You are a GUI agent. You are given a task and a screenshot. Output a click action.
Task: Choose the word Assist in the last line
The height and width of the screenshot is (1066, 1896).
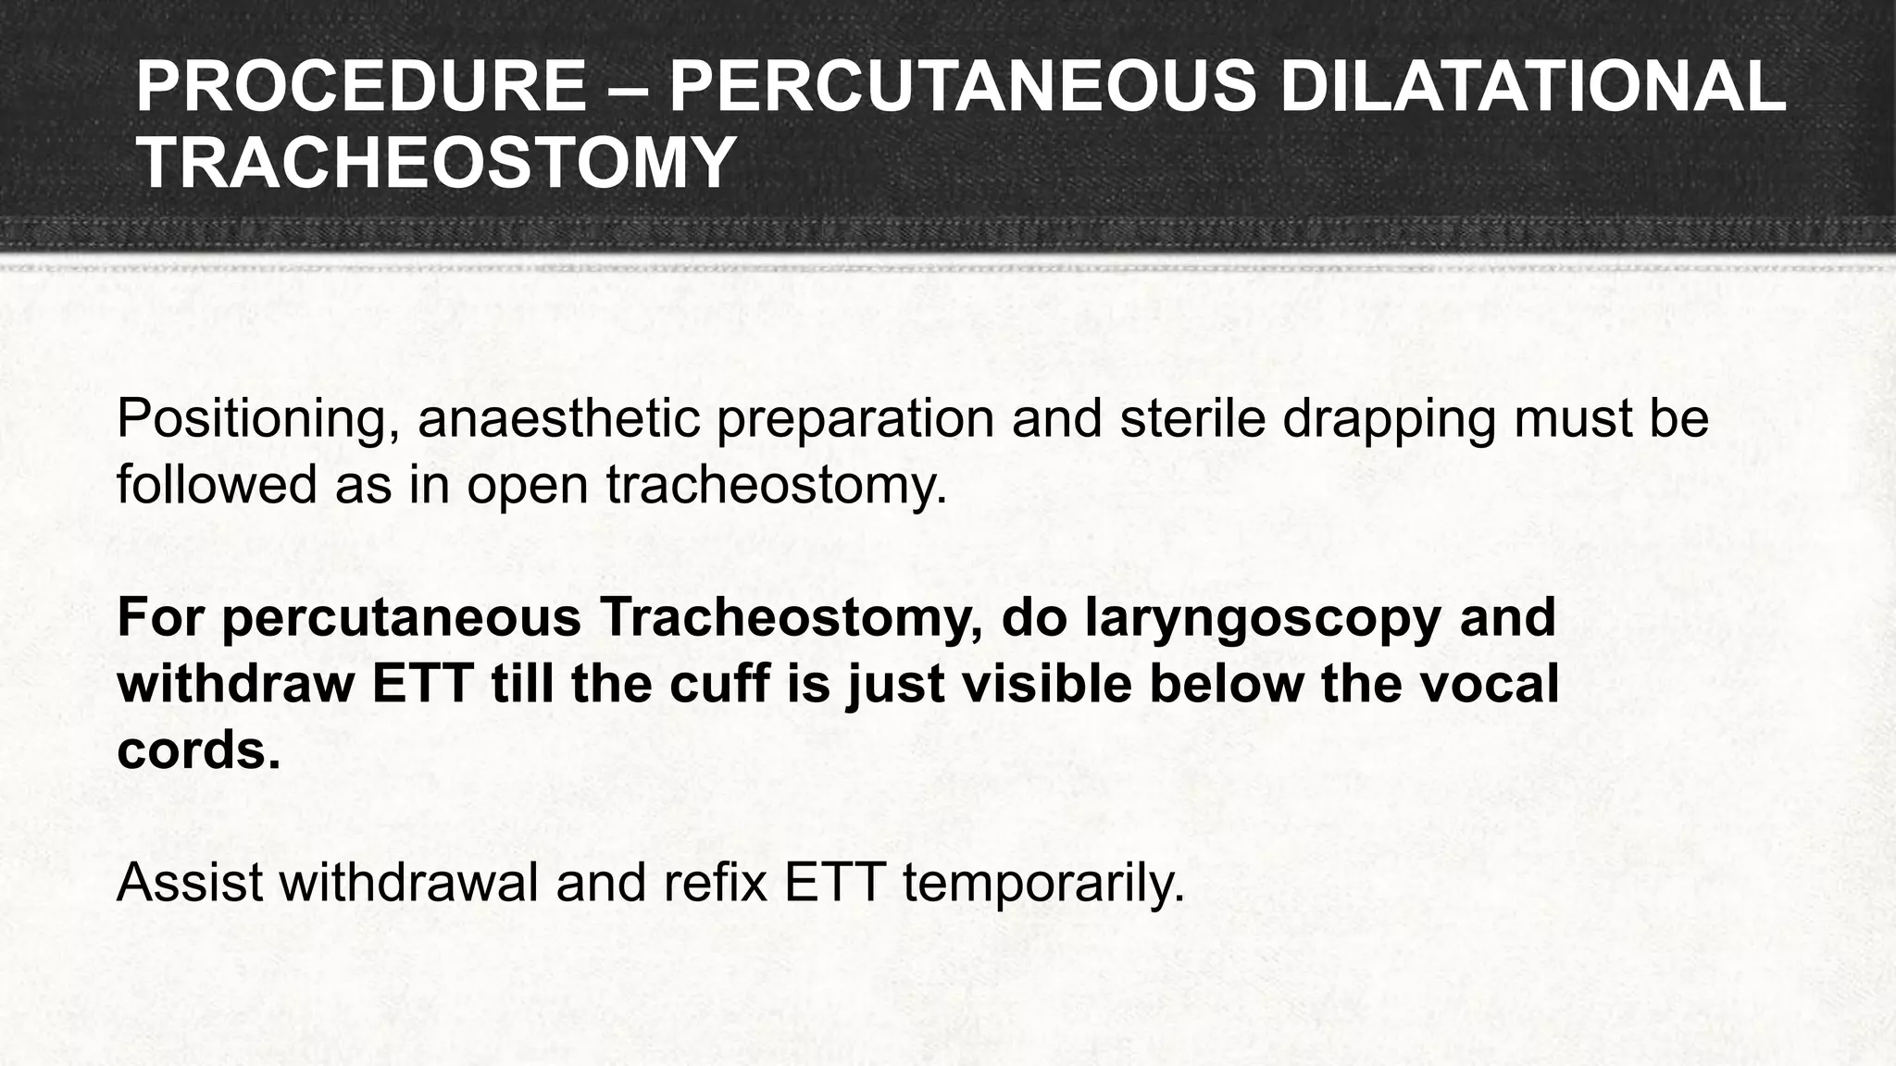click(x=191, y=882)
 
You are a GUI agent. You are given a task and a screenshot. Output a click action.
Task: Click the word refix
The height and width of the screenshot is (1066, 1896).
click(x=717, y=882)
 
